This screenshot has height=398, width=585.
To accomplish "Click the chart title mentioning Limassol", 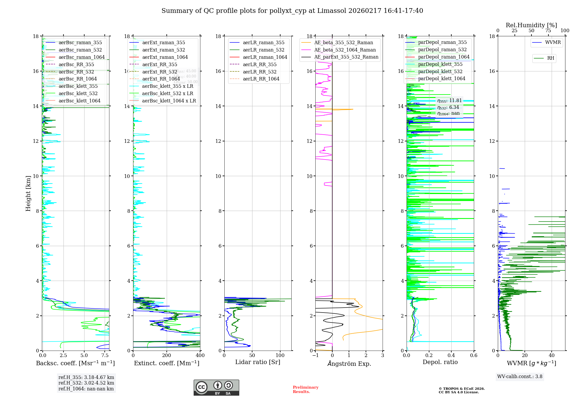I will point(292,11).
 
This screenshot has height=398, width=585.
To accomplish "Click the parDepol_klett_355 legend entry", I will point(440,64).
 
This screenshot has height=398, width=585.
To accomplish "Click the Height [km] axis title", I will point(28,193).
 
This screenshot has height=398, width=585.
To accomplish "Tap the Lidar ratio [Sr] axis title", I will point(258,362).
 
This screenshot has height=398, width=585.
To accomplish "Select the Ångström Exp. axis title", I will point(349,364).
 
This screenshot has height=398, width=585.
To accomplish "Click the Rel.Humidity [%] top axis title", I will point(531,25).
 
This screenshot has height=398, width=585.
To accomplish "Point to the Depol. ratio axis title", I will point(440,362).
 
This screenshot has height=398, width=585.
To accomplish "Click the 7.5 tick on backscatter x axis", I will point(105,356).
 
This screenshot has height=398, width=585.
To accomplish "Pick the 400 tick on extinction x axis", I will point(200,356).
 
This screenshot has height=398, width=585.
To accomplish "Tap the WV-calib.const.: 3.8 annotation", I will point(520,377).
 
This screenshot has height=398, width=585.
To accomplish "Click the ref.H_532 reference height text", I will point(86,383).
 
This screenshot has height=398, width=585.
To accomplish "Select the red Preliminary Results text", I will point(305,390).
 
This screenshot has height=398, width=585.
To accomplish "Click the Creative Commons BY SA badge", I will point(216,388).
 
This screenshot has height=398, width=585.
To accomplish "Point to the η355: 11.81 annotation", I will point(449,101).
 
